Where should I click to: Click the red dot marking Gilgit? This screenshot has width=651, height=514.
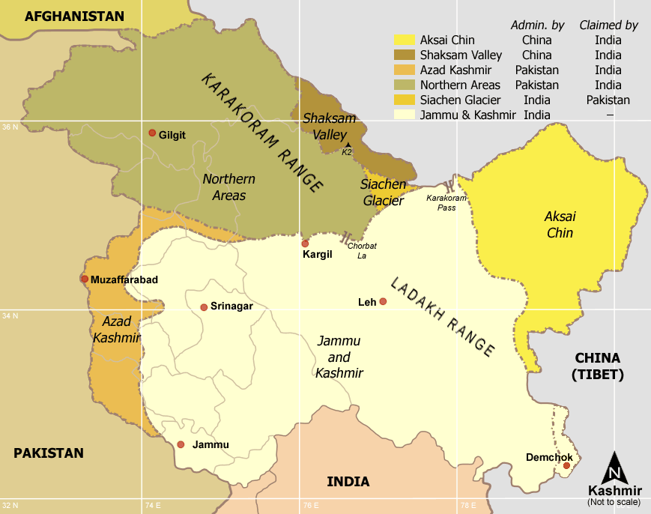152,133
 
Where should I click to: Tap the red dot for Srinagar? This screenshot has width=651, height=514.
204,307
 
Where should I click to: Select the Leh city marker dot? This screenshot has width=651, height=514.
383,302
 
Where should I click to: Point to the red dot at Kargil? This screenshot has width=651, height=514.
305,244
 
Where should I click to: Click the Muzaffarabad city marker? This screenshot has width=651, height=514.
84,279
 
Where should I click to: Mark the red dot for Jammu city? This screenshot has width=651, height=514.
181,444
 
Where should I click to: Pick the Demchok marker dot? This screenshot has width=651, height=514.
566,466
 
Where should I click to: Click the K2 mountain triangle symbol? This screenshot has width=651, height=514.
348,144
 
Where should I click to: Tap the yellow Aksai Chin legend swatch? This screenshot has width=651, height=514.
405,40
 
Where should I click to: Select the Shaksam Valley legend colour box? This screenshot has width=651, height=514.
405,55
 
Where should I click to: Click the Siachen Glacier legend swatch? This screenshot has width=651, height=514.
405,100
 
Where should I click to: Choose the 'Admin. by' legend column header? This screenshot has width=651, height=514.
537,25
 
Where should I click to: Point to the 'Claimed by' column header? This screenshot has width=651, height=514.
608,25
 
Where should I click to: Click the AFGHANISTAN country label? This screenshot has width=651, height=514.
74,16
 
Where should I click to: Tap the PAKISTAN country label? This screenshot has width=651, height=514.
49,453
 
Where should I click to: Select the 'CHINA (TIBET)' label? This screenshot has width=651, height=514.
598,366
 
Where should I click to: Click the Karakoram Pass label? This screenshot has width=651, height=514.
446,202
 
